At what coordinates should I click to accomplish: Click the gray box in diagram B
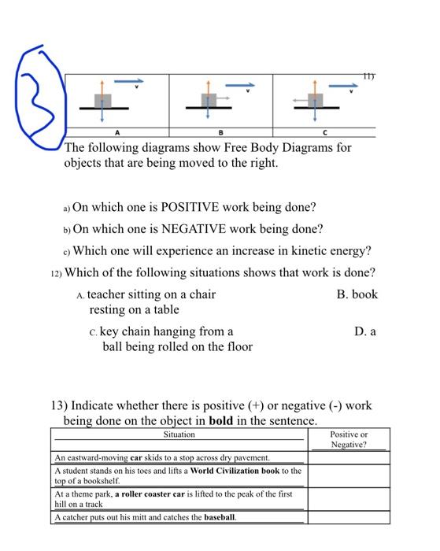208,100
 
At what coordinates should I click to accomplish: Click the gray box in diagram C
316,100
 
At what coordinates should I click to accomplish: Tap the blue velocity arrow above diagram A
130,80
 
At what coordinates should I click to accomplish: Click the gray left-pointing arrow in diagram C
299,100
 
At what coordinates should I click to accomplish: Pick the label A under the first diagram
117,132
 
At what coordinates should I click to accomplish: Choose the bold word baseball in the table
220,517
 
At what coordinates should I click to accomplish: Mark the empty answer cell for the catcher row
349,517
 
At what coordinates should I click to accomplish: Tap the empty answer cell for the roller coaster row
349,498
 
